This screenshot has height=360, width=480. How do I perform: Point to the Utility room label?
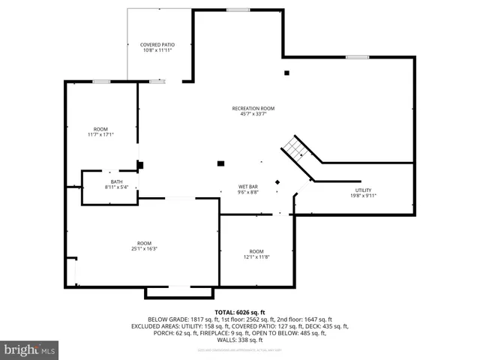click(x=363, y=190)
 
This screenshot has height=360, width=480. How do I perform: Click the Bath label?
click(x=116, y=181)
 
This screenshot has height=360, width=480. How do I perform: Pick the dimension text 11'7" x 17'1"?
click(x=100, y=135)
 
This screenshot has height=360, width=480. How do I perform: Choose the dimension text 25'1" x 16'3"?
click(x=144, y=248)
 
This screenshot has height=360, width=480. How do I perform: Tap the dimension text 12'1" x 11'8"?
click(x=256, y=256)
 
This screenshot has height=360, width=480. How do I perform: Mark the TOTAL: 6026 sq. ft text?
click(x=239, y=311)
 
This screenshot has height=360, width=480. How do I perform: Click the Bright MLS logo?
click(x=30, y=349)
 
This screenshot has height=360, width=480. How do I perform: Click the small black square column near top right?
click(x=286, y=73)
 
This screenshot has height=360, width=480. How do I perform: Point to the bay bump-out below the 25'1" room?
click(x=178, y=292)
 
